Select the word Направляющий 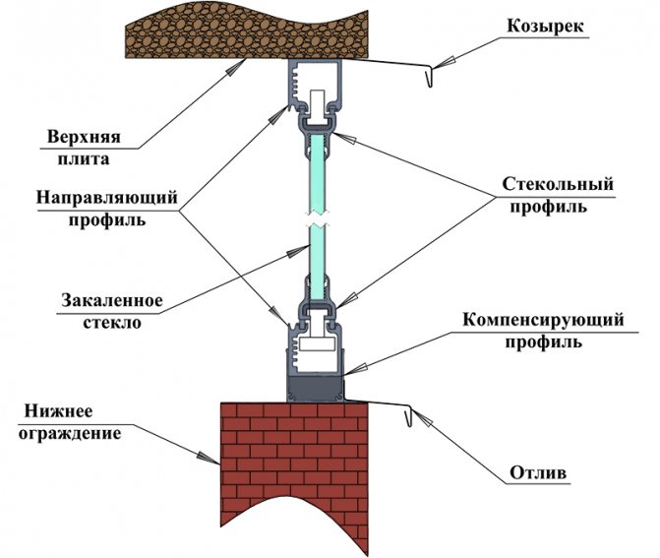tap(108, 197)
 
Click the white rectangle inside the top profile tap(316, 102)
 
